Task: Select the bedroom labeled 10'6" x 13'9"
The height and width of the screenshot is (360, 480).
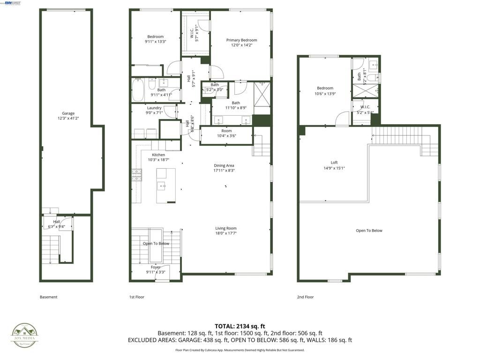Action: tap(325, 91)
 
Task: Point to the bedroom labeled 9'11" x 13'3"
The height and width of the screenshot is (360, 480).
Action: tap(156, 39)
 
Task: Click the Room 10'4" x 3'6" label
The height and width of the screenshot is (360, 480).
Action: tap(226, 134)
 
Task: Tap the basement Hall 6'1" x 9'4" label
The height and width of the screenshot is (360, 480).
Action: tap(56, 224)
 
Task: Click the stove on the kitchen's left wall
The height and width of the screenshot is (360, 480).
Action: tap(136, 175)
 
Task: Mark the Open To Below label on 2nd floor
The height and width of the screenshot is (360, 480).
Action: tap(369, 231)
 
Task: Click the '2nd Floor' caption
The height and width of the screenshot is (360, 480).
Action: tap(306, 297)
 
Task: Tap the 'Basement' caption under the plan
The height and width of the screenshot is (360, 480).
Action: tap(48, 297)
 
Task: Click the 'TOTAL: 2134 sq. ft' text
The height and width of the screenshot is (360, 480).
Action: tap(240, 326)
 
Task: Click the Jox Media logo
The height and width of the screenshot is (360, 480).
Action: tap(25, 336)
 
